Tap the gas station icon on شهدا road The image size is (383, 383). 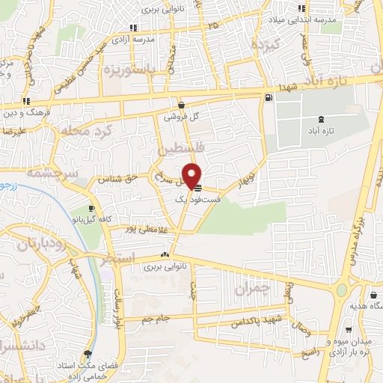point(268,98)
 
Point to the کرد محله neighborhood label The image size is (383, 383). point(85,132)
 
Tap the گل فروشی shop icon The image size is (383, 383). point(182,105)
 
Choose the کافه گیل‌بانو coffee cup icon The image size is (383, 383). point(91,209)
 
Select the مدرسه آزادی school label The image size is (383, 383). point(139,39)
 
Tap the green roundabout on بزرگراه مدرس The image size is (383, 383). point(342,289)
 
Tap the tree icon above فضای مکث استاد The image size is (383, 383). point(88,354)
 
